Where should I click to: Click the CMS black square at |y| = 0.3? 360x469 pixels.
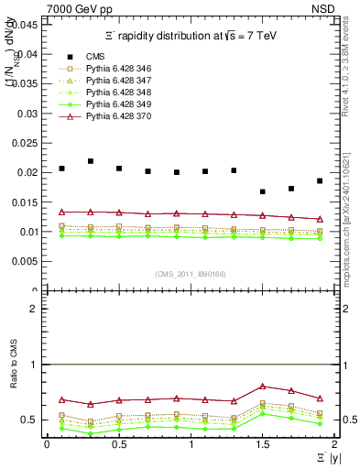[91, 161]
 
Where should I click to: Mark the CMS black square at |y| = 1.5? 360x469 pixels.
[263, 191]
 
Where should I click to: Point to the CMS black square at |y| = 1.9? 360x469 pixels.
[320, 180]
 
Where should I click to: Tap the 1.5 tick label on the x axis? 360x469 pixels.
[263, 444]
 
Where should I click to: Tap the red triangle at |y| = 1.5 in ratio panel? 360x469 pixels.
[263, 387]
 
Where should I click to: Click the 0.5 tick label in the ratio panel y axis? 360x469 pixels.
[32, 420]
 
